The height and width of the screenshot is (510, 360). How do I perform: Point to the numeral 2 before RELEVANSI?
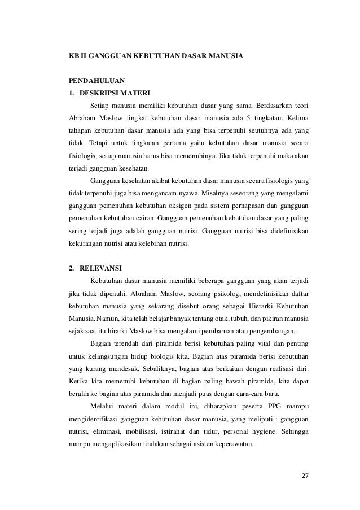(x=71, y=268)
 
